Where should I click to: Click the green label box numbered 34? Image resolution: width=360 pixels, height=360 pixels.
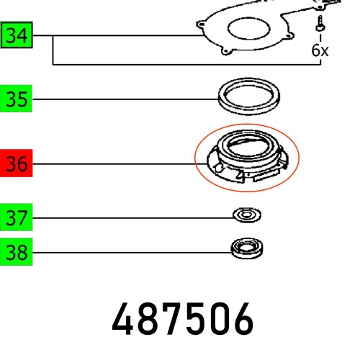[x=17, y=35]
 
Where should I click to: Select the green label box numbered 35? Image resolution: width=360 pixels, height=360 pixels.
[x=17, y=99]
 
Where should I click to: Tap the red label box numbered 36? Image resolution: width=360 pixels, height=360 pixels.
[x=17, y=164]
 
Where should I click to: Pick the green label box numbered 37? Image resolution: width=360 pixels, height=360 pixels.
[x=17, y=216]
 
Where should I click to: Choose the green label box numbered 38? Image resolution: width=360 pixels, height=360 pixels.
[x=17, y=252]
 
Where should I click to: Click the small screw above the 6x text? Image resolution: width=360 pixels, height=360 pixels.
[x=318, y=28]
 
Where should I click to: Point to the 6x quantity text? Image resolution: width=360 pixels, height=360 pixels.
[x=320, y=50]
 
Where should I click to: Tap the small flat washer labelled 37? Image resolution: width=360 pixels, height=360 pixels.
[x=247, y=215]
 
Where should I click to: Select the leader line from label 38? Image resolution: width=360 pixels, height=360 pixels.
[x=130, y=252]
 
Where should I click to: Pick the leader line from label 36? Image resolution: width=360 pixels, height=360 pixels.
[x=115, y=164]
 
